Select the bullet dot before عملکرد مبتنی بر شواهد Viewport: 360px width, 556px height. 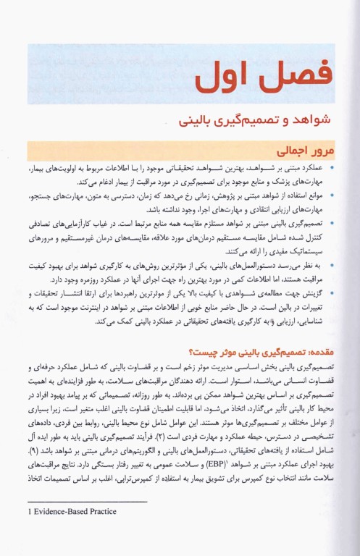[x=331, y=167]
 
